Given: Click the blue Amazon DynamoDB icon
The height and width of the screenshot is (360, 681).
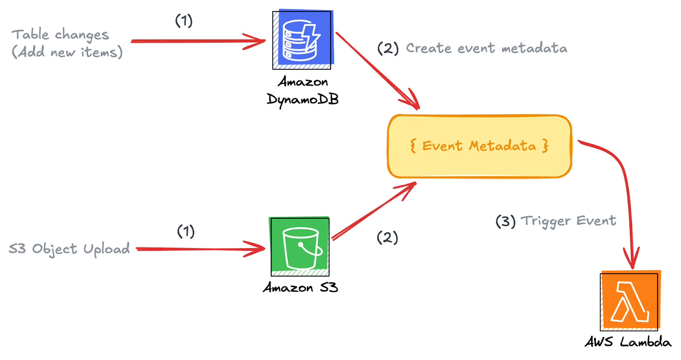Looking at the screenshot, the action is pyautogui.click(x=303, y=40).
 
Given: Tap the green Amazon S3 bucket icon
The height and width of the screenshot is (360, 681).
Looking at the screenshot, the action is pyautogui.click(x=300, y=246).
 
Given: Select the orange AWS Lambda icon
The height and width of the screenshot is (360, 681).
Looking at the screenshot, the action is pyautogui.click(x=630, y=300).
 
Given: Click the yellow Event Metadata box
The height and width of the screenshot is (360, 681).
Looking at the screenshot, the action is pyautogui.click(x=479, y=146).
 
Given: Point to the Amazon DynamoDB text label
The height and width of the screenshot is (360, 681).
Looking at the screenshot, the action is pyautogui.click(x=303, y=91).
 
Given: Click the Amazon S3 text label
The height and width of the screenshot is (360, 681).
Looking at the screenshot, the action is pyautogui.click(x=300, y=287).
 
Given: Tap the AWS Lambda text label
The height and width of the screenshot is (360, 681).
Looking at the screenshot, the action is pyautogui.click(x=628, y=342).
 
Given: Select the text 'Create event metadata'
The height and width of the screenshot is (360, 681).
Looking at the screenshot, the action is pyautogui.click(x=486, y=49).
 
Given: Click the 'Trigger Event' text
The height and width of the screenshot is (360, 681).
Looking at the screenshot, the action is pyautogui.click(x=569, y=221).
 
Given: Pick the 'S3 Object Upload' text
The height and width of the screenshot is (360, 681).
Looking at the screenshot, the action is pyautogui.click(x=69, y=249).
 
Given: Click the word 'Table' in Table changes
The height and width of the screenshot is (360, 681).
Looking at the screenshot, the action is pyautogui.click(x=30, y=34).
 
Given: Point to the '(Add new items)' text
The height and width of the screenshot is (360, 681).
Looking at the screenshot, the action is pyautogui.click(x=67, y=52).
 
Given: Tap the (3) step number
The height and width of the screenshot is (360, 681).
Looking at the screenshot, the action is pyautogui.click(x=505, y=221).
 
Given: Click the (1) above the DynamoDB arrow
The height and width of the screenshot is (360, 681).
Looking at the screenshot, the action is pyautogui.click(x=184, y=21).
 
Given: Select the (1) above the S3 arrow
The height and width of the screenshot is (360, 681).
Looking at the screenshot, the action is pyautogui.click(x=186, y=231).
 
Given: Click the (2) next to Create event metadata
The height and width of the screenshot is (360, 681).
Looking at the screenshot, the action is pyautogui.click(x=388, y=49).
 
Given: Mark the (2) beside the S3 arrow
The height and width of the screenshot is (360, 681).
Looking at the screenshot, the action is pyautogui.click(x=387, y=237).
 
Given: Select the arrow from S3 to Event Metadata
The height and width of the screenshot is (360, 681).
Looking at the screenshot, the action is pyautogui.click(x=374, y=211).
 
